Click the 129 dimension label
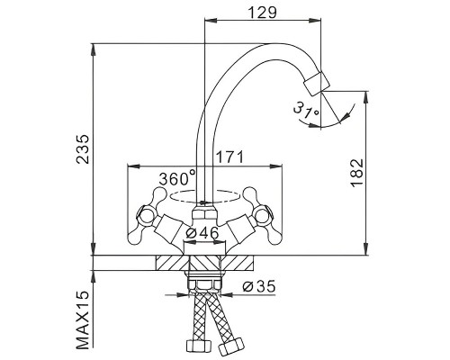262,13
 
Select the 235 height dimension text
82,148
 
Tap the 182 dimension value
357,173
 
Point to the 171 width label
229,157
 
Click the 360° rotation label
177,178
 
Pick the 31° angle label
306,111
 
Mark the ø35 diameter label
259,287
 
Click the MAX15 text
83,319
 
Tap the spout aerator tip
317,84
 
